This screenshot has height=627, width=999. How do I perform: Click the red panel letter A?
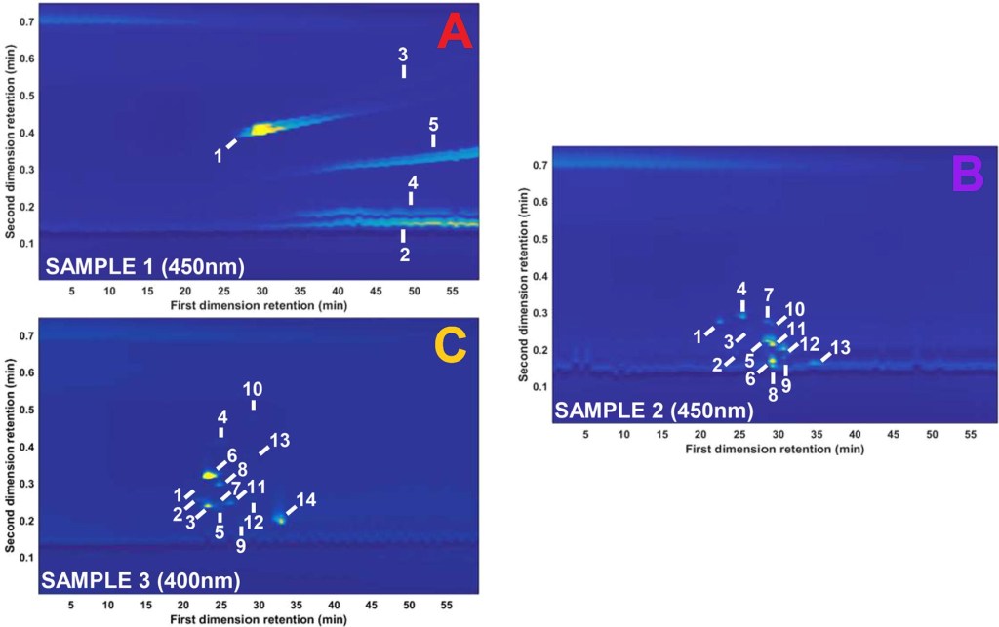tap(455, 31)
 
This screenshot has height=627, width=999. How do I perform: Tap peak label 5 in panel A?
tap(433, 124)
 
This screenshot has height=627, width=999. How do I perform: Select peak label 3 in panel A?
tap(403, 55)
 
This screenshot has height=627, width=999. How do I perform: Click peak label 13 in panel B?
tap(841, 348)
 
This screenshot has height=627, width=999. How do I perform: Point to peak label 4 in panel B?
tap(741, 289)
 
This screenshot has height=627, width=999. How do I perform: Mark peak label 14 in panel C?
tap(305, 500)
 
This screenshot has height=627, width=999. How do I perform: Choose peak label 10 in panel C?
tap(253, 386)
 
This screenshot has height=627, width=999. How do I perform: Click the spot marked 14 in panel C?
tap(281, 519)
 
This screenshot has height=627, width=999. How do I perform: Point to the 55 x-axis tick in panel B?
tap(971, 434)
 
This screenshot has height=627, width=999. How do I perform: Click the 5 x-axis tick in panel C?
tap(71, 606)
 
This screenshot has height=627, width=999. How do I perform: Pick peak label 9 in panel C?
tap(240, 547)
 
